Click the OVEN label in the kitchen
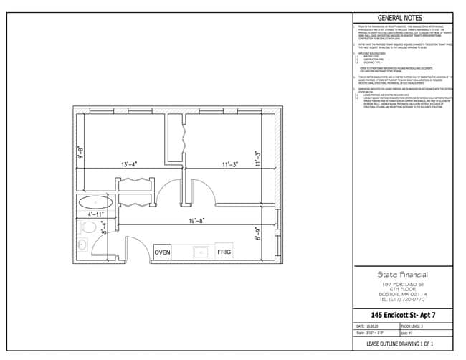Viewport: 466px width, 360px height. pyautogui.click(x=163, y=252)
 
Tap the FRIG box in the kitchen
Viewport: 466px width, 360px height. pyautogui.click(x=224, y=252)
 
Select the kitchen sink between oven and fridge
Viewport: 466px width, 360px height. pyautogui.click(x=201, y=252)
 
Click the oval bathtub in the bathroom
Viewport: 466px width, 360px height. pyautogui.click(x=92, y=202)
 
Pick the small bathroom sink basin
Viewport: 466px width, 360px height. pyautogui.click(x=80, y=245)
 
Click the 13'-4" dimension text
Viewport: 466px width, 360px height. pyautogui.click(x=129, y=164)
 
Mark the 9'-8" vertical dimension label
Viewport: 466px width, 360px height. pyautogui.click(x=81, y=153)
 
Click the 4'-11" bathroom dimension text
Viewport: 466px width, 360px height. pyautogui.click(x=96, y=214)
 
